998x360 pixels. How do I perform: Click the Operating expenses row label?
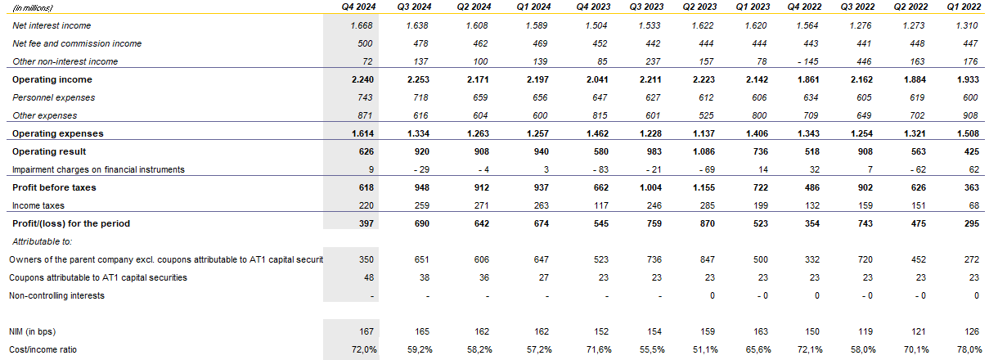pos(57,133)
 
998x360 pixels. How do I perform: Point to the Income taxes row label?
pos(38,205)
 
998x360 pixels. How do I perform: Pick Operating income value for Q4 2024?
pos(360,79)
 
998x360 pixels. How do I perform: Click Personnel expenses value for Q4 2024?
pos(363,97)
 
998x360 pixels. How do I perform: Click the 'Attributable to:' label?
pos(43,241)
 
